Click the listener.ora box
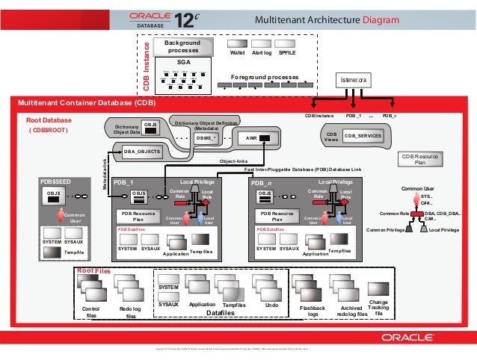[353, 79]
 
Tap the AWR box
[262, 137]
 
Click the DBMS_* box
[205, 137]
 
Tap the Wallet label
[237, 54]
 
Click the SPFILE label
[286, 54]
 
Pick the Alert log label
[262, 54]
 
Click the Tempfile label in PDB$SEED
[73, 252]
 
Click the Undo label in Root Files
[272, 305]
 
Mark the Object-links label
[233, 161]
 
